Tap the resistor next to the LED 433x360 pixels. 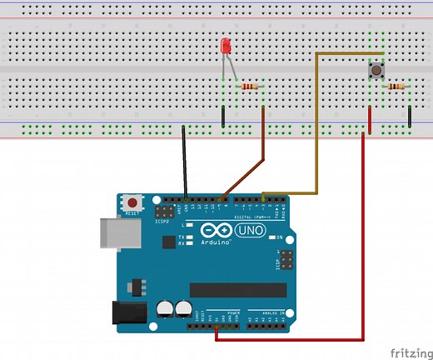point(250,86)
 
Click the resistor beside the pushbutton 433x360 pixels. point(395,86)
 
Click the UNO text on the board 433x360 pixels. point(251,230)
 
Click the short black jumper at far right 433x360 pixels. point(410,116)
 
